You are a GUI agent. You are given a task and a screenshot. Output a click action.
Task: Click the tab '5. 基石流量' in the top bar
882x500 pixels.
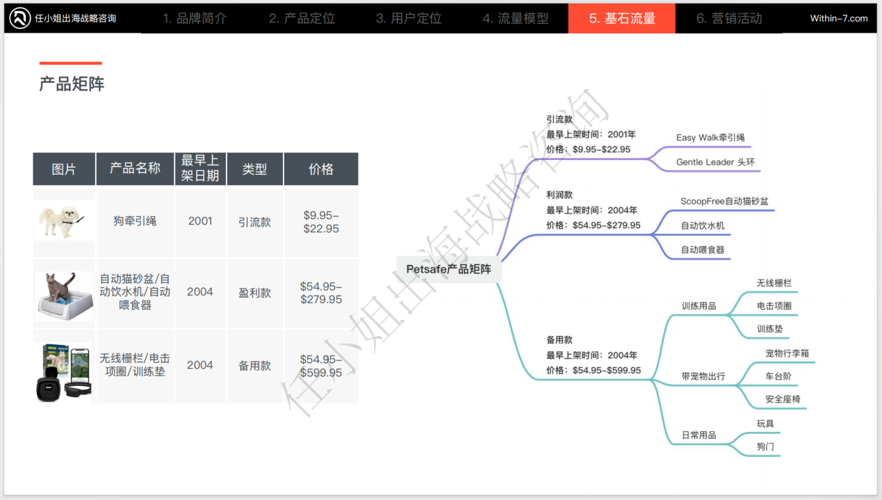(x=622, y=18)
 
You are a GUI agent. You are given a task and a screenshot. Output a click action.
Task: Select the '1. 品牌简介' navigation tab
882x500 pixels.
(x=195, y=18)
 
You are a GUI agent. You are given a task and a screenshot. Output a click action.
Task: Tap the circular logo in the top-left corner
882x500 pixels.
(x=19, y=18)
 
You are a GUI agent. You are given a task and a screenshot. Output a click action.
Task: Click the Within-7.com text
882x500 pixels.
(x=839, y=18)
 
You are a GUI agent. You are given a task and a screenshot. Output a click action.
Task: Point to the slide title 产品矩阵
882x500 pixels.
(x=72, y=84)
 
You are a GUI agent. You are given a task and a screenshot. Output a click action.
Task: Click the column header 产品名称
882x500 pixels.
(x=135, y=168)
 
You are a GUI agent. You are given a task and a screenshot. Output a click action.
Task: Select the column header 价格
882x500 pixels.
(x=321, y=169)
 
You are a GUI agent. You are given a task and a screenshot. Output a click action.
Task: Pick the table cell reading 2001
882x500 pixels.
(x=200, y=221)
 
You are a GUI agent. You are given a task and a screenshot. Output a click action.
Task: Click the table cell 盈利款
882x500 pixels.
(x=254, y=293)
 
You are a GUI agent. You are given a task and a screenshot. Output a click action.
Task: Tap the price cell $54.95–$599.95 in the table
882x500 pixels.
(x=321, y=366)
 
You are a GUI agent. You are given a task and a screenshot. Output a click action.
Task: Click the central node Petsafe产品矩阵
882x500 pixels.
(x=448, y=269)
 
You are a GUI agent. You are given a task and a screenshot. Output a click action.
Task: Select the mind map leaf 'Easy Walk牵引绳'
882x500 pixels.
(x=710, y=138)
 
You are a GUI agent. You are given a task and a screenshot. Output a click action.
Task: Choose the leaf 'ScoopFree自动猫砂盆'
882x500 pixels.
(x=724, y=202)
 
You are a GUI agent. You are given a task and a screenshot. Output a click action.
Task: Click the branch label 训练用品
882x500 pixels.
(x=699, y=306)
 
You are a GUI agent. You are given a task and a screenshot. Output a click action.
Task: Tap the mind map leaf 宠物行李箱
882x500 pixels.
(x=787, y=353)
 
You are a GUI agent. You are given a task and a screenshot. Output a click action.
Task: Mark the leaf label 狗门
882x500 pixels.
(x=765, y=446)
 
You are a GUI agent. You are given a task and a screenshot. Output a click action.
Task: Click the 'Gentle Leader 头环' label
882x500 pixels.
(x=715, y=162)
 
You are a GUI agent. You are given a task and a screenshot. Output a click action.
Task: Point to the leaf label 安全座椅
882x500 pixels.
(x=783, y=399)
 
